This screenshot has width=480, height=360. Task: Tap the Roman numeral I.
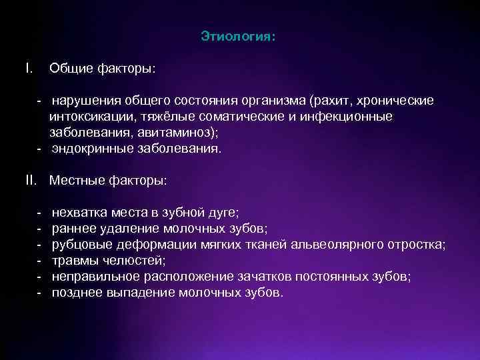(x=27, y=68)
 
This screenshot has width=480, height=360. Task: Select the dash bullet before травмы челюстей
(x=39, y=261)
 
